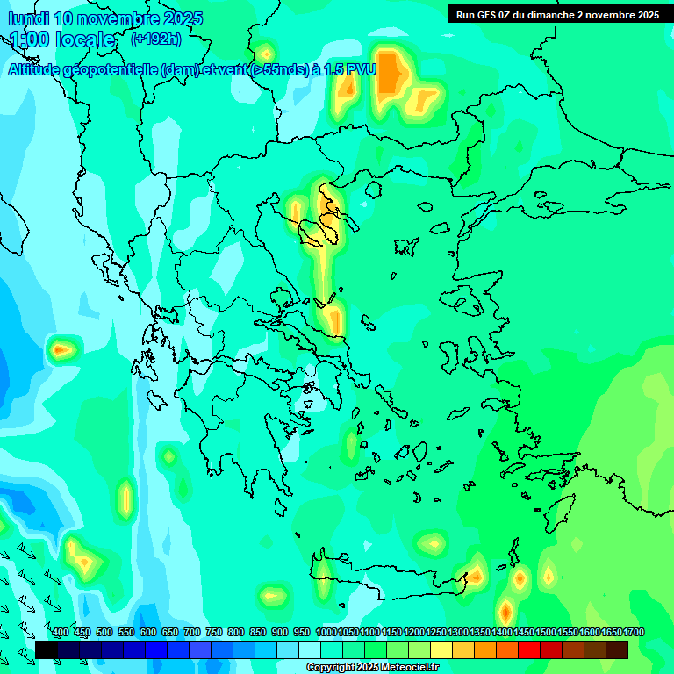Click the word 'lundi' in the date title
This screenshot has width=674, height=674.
tap(27, 18)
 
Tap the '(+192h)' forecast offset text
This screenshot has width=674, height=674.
tap(156, 39)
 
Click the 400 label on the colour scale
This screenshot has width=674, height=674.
tap(61, 632)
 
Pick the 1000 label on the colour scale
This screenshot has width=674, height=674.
tap(326, 632)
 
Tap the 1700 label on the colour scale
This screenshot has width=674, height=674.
tap(634, 632)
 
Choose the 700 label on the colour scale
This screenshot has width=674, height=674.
tap(192, 632)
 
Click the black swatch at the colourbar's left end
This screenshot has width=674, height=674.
tap(47, 649)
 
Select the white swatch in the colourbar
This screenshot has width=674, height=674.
tap(310, 649)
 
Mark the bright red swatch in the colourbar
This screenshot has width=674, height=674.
tap(529, 649)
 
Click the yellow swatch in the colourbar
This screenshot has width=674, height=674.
tap(441, 649)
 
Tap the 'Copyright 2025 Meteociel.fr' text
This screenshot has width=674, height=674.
tap(372, 667)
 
